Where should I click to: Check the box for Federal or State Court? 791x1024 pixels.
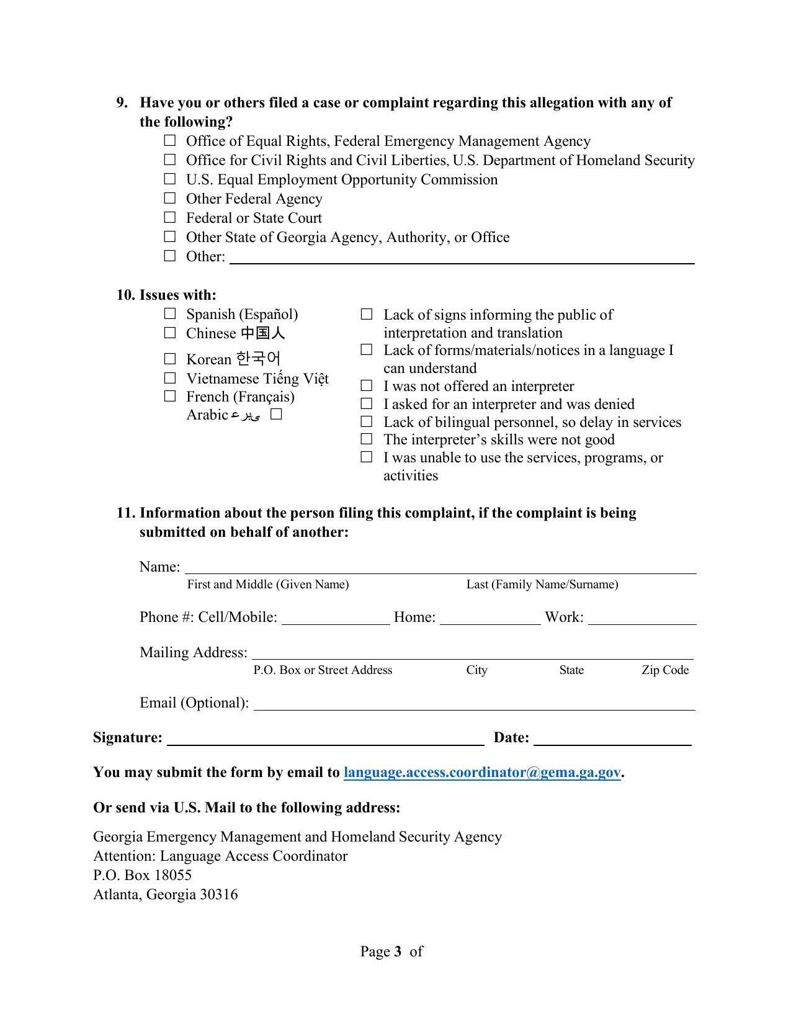170,218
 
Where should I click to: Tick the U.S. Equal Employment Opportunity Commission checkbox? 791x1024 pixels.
170,179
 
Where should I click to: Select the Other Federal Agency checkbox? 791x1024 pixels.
170,199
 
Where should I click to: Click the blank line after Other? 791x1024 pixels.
462,258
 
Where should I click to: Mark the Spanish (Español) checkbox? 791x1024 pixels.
170,314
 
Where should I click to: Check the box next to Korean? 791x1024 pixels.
170,359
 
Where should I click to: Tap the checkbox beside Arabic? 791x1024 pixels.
277,414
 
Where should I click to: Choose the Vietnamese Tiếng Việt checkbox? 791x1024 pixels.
170,378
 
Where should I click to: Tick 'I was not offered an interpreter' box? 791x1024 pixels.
367,386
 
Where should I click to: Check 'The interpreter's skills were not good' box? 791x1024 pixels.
367,439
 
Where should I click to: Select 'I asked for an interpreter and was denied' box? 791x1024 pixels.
367,404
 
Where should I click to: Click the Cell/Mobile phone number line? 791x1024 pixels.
335,619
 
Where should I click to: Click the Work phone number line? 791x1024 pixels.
641,619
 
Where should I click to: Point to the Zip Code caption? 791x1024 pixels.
665,670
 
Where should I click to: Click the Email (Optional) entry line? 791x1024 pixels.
474,705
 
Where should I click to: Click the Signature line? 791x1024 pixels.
325,739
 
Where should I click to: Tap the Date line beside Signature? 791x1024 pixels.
612,739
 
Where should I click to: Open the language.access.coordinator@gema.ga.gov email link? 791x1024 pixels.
482,773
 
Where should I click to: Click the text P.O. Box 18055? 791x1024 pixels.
142,875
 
